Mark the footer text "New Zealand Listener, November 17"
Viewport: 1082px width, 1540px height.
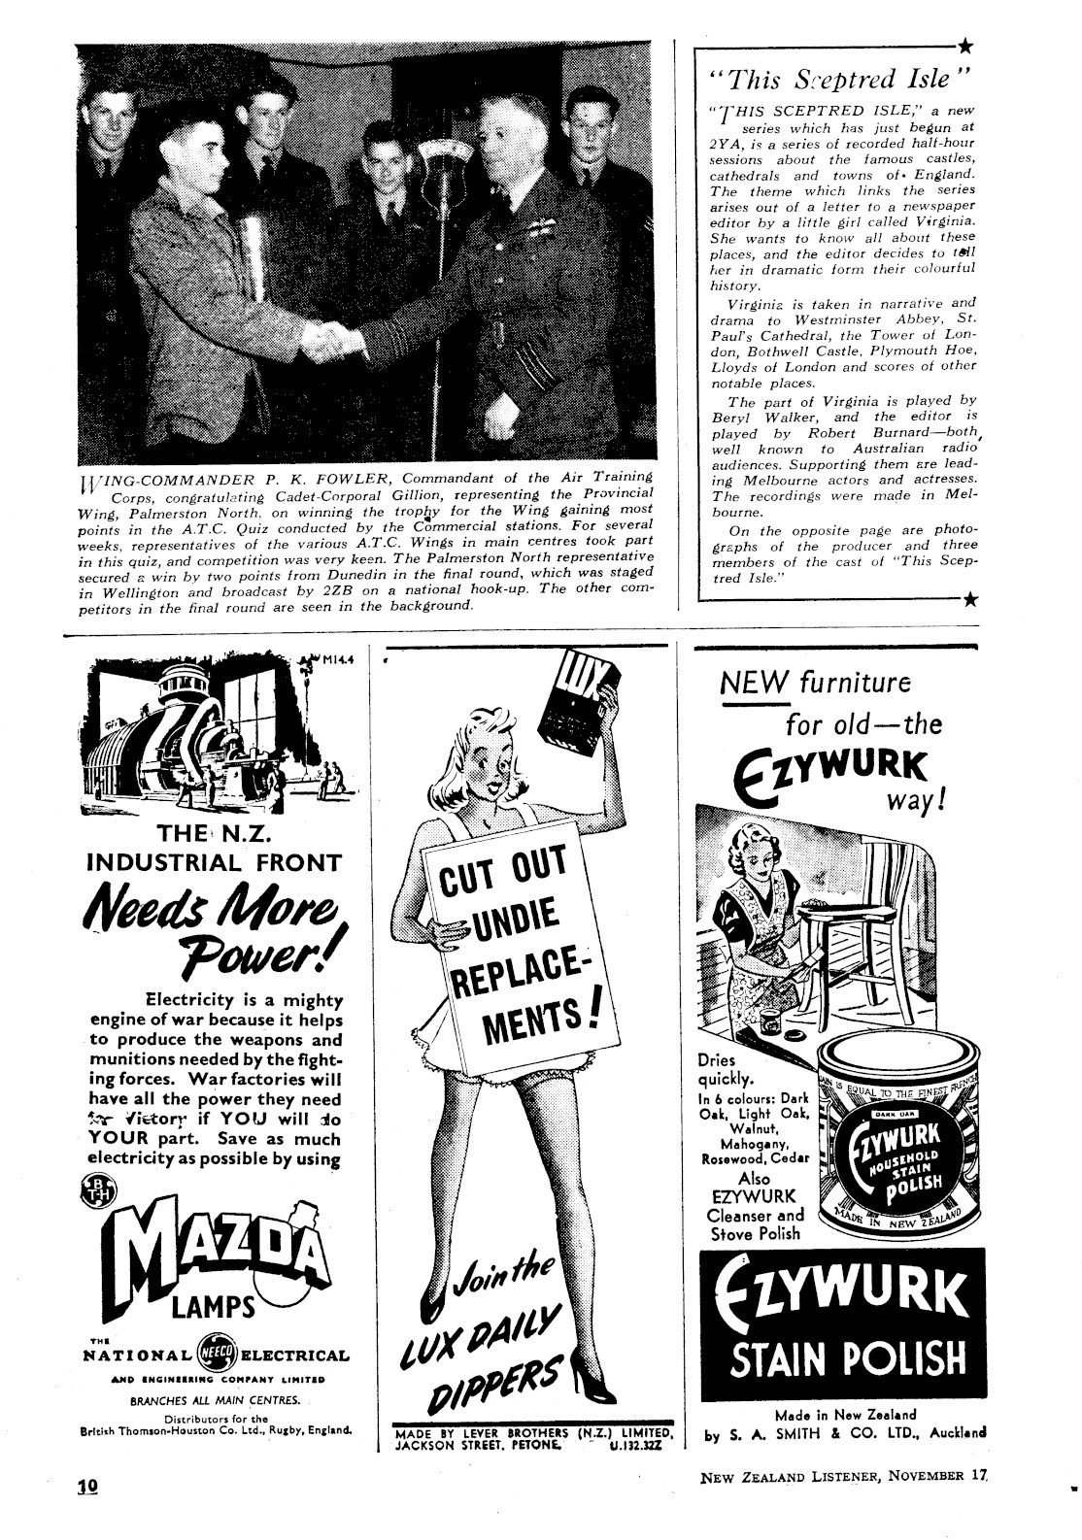(x=842, y=1477)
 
